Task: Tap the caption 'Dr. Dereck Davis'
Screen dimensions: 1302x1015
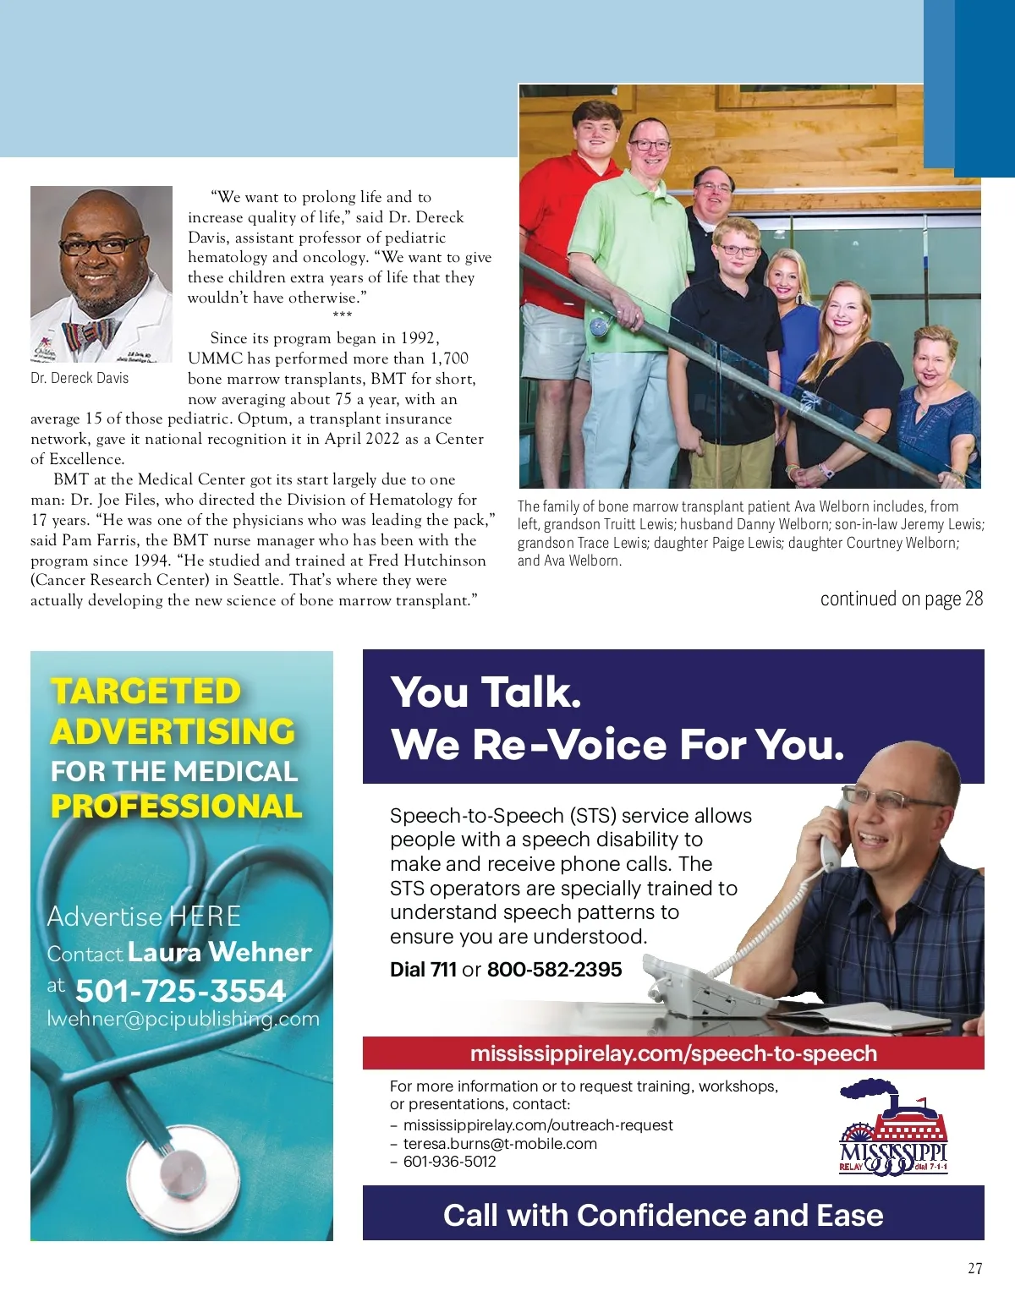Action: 80,378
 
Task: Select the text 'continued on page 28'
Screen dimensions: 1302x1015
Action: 901,599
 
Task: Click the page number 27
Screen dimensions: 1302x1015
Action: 974,1268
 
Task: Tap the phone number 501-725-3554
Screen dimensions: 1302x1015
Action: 180,990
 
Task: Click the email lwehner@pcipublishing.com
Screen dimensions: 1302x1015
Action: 183,1019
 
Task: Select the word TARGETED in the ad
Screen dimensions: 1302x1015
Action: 145,692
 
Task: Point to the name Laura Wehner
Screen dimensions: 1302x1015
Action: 220,952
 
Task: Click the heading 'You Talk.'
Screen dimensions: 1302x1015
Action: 486,692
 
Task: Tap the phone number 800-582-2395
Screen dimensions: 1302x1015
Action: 554,969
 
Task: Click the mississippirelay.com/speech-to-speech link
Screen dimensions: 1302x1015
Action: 673,1053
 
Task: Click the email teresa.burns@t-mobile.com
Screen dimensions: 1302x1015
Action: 500,1144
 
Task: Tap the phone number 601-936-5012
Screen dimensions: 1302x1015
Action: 449,1162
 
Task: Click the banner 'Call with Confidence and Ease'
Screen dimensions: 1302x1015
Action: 663,1215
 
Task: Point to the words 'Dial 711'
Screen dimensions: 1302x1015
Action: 423,969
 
